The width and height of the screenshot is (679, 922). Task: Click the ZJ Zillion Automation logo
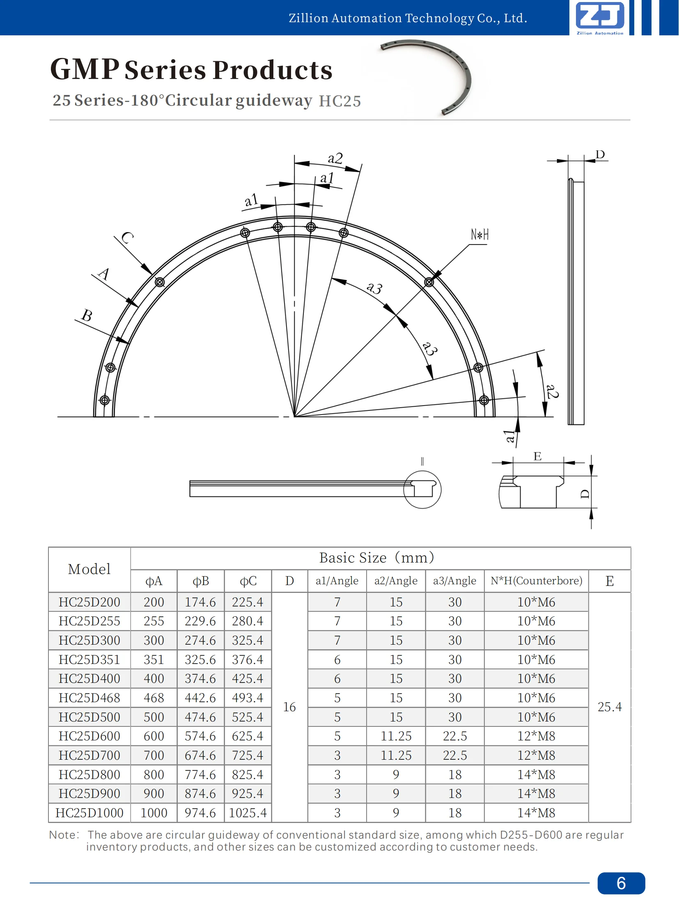[600, 18]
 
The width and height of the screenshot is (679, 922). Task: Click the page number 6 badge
[621, 883]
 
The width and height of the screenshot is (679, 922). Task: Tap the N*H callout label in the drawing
[479, 235]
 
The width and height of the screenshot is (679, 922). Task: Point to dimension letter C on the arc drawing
[127, 238]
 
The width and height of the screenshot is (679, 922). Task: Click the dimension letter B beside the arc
[87, 316]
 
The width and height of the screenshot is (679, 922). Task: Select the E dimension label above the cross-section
[537, 456]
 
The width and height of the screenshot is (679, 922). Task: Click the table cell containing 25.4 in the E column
[609, 707]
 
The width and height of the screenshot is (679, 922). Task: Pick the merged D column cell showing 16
[289, 707]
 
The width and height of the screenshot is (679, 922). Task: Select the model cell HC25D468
[89, 698]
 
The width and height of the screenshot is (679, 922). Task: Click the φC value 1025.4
[248, 813]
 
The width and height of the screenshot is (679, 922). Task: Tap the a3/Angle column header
[454, 581]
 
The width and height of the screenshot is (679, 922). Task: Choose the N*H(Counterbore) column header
[536, 581]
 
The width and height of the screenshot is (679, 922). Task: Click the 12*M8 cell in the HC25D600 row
[536, 736]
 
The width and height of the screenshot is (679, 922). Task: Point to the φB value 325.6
[200, 659]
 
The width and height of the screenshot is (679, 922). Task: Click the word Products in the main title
[273, 70]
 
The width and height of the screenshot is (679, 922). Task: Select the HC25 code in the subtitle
[340, 101]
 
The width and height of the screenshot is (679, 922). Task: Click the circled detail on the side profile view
[422, 490]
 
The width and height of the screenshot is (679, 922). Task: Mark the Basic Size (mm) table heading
[376, 558]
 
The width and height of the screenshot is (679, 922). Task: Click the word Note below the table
[62, 835]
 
